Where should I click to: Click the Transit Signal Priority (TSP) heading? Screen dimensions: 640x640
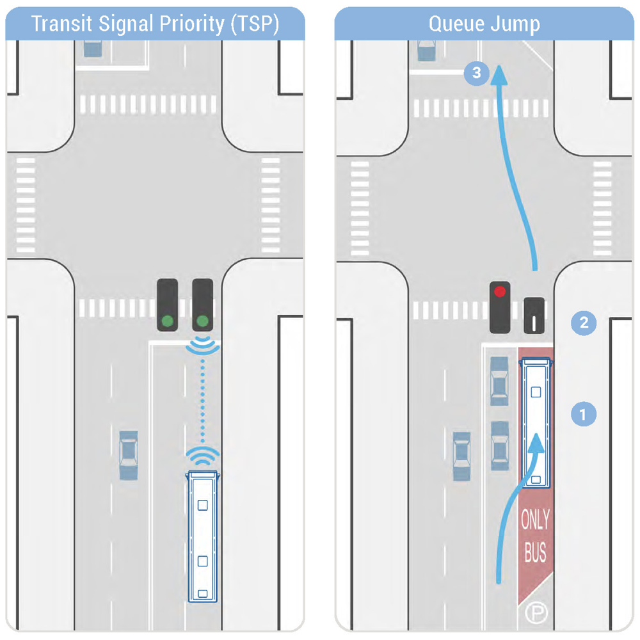[156, 24]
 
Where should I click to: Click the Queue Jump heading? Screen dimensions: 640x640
[484, 24]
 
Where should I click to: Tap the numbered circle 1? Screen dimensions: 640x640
[583, 413]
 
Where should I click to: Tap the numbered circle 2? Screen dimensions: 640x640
[583, 323]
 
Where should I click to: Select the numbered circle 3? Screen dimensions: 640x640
[476, 73]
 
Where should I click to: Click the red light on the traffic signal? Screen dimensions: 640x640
[500, 292]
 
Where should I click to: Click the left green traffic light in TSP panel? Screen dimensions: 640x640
[168, 320]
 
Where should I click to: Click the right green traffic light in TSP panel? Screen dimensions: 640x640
[203, 320]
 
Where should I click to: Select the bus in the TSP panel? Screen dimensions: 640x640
[203, 536]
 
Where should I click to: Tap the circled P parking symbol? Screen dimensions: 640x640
[533, 613]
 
